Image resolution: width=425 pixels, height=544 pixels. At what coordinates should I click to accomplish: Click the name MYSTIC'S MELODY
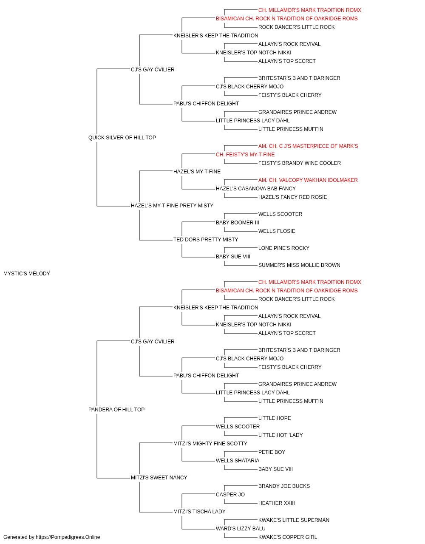27,274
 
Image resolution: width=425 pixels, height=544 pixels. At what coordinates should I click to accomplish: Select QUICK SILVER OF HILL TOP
122,138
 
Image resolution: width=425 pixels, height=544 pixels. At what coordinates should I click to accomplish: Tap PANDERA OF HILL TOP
116,410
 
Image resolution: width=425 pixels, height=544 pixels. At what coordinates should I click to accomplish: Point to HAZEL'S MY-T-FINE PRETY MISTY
172,206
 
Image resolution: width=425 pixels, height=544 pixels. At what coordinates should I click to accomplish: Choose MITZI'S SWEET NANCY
159,478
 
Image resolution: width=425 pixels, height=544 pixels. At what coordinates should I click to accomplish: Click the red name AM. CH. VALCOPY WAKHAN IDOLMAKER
308,180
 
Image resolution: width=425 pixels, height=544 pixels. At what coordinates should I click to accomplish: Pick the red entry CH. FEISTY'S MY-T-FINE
245,155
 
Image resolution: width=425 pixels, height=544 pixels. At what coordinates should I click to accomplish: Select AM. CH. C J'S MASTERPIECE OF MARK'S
308,146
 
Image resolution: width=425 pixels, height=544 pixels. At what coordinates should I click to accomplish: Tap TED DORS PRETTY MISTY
206,240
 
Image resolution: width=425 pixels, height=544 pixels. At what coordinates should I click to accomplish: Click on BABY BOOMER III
238,223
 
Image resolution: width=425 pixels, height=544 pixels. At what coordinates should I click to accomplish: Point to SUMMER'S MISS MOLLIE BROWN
299,265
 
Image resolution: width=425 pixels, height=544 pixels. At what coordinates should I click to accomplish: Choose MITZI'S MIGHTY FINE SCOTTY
210,444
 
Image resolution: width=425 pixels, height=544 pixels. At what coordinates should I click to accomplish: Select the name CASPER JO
230,495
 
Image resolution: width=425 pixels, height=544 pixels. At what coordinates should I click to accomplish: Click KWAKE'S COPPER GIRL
288,537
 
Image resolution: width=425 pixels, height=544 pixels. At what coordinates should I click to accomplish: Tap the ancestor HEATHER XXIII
277,503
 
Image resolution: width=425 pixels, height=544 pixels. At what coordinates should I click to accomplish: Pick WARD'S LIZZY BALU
241,529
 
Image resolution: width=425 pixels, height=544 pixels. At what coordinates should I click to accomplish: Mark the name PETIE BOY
272,452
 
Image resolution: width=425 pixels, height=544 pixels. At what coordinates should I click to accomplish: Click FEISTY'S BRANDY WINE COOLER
300,163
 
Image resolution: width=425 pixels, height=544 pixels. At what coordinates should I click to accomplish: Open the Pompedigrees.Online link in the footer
68,537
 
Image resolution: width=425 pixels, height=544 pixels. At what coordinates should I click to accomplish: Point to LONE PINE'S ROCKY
284,248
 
